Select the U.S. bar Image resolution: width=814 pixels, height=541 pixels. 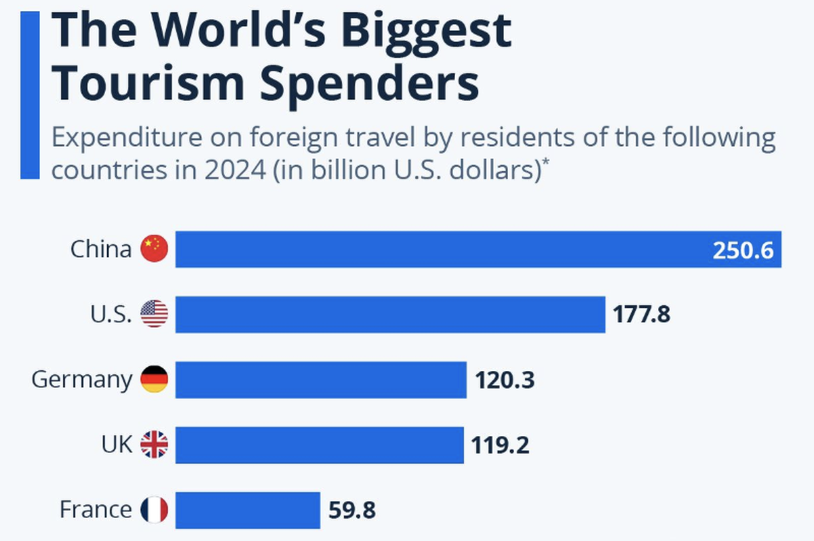[390, 315]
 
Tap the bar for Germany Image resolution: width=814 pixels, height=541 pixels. [321, 380]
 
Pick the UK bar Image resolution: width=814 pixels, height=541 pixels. [319, 445]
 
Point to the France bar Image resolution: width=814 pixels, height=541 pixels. [248, 510]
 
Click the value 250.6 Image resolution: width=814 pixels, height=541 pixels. [743, 250]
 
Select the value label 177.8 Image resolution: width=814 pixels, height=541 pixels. [642, 315]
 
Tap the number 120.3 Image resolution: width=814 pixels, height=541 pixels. [505, 380]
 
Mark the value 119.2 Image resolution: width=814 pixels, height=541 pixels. [500, 445]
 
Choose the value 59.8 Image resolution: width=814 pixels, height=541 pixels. [351, 510]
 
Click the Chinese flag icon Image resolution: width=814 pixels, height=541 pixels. [154, 249]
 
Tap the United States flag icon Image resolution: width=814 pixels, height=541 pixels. [154, 315]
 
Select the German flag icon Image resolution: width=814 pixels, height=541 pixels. [154, 380]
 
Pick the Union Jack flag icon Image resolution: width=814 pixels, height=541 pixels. [154, 445]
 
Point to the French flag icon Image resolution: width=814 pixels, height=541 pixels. [154, 510]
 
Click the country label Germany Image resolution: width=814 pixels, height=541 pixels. [81, 380]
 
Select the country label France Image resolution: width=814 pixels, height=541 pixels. [96, 509]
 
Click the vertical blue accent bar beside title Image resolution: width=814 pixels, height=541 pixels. [30, 95]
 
